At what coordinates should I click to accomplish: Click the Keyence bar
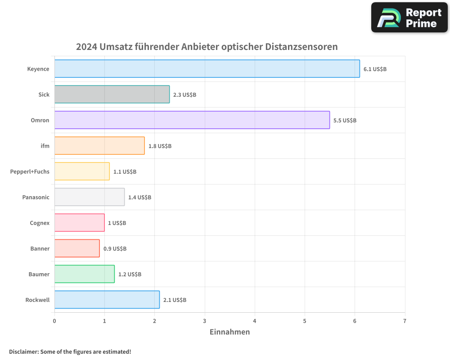click(207, 69)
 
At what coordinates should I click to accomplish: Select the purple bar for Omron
click(192, 120)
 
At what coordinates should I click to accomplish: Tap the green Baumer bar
click(85, 274)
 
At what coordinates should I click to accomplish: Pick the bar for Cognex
click(80, 223)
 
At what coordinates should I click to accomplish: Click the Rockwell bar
click(107, 300)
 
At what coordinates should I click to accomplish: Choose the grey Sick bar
click(112, 94)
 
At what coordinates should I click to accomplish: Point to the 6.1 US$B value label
click(375, 69)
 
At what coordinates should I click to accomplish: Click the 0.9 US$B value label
click(115, 249)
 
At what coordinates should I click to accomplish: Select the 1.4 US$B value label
click(139, 198)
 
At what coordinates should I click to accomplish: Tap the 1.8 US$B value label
click(160, 146)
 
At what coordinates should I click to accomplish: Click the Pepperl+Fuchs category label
click(30, 171)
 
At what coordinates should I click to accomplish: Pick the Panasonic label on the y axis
click(36, 197)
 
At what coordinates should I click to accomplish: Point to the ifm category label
click(45, 146)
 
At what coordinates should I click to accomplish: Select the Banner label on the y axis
click(40, 248)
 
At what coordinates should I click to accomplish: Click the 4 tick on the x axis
click(255, 321)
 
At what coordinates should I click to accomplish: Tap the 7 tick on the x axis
click(405, 321)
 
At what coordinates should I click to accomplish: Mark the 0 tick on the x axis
click(54, 321)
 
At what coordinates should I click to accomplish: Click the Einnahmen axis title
click(229, 332)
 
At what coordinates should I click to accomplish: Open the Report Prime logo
click(409, 18)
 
